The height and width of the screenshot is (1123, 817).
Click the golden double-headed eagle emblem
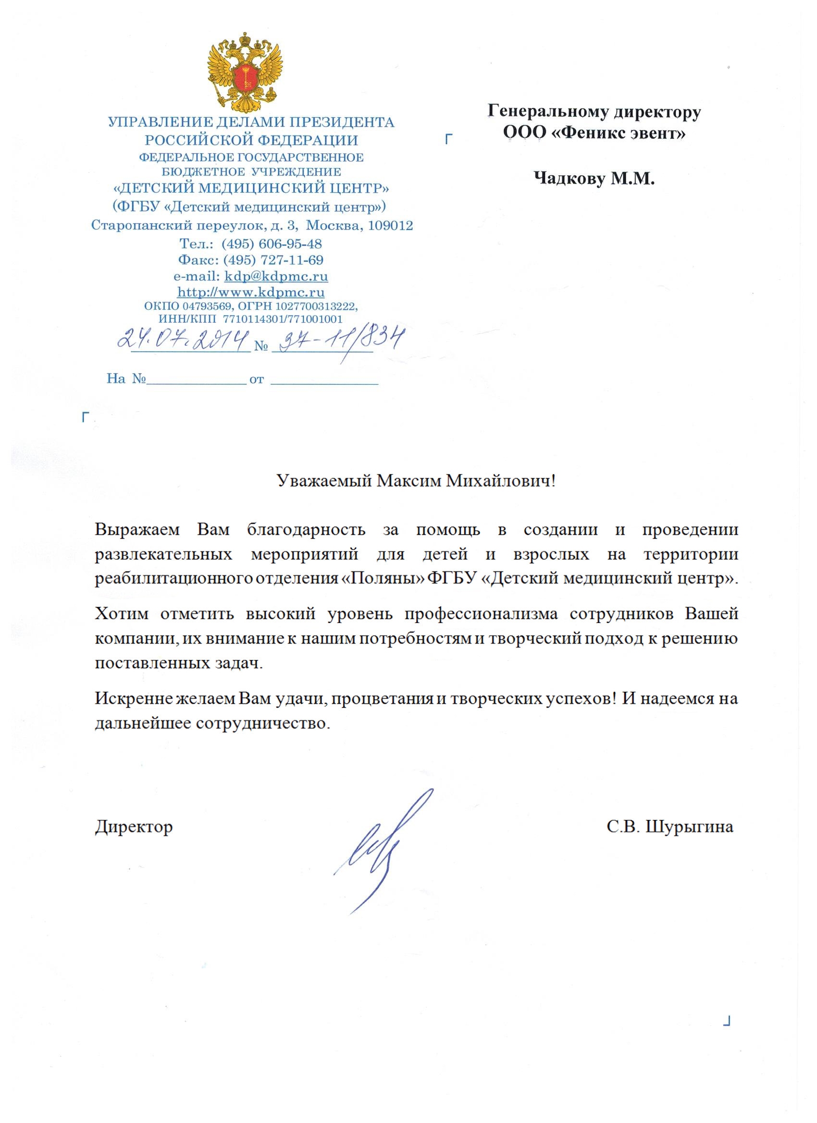point(245,73)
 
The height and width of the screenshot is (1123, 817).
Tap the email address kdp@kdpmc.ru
point(276,276)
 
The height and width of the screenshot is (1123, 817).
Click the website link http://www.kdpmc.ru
point(251,292)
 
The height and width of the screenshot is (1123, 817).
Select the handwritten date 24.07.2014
point(183,339)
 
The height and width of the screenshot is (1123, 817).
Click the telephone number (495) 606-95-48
point(272,244)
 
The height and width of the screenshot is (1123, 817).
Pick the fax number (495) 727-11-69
point(273,260)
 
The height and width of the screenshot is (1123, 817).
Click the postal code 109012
point(390,226)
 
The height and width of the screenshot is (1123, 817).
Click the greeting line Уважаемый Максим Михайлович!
point(416,481)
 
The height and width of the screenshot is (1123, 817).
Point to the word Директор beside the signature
point(134,827)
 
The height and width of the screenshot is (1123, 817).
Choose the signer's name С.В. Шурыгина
point(670,827)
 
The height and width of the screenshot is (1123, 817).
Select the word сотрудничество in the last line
point(262,723)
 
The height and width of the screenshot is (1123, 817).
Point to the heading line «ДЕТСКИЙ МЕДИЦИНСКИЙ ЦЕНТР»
point(251,188)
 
